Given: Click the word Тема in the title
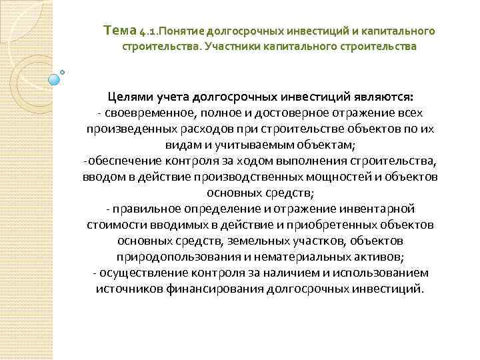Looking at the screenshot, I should click(x=121, y=31).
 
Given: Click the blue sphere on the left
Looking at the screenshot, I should click(x=55, y=80).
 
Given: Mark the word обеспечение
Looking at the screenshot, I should click(x=122, y=161).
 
